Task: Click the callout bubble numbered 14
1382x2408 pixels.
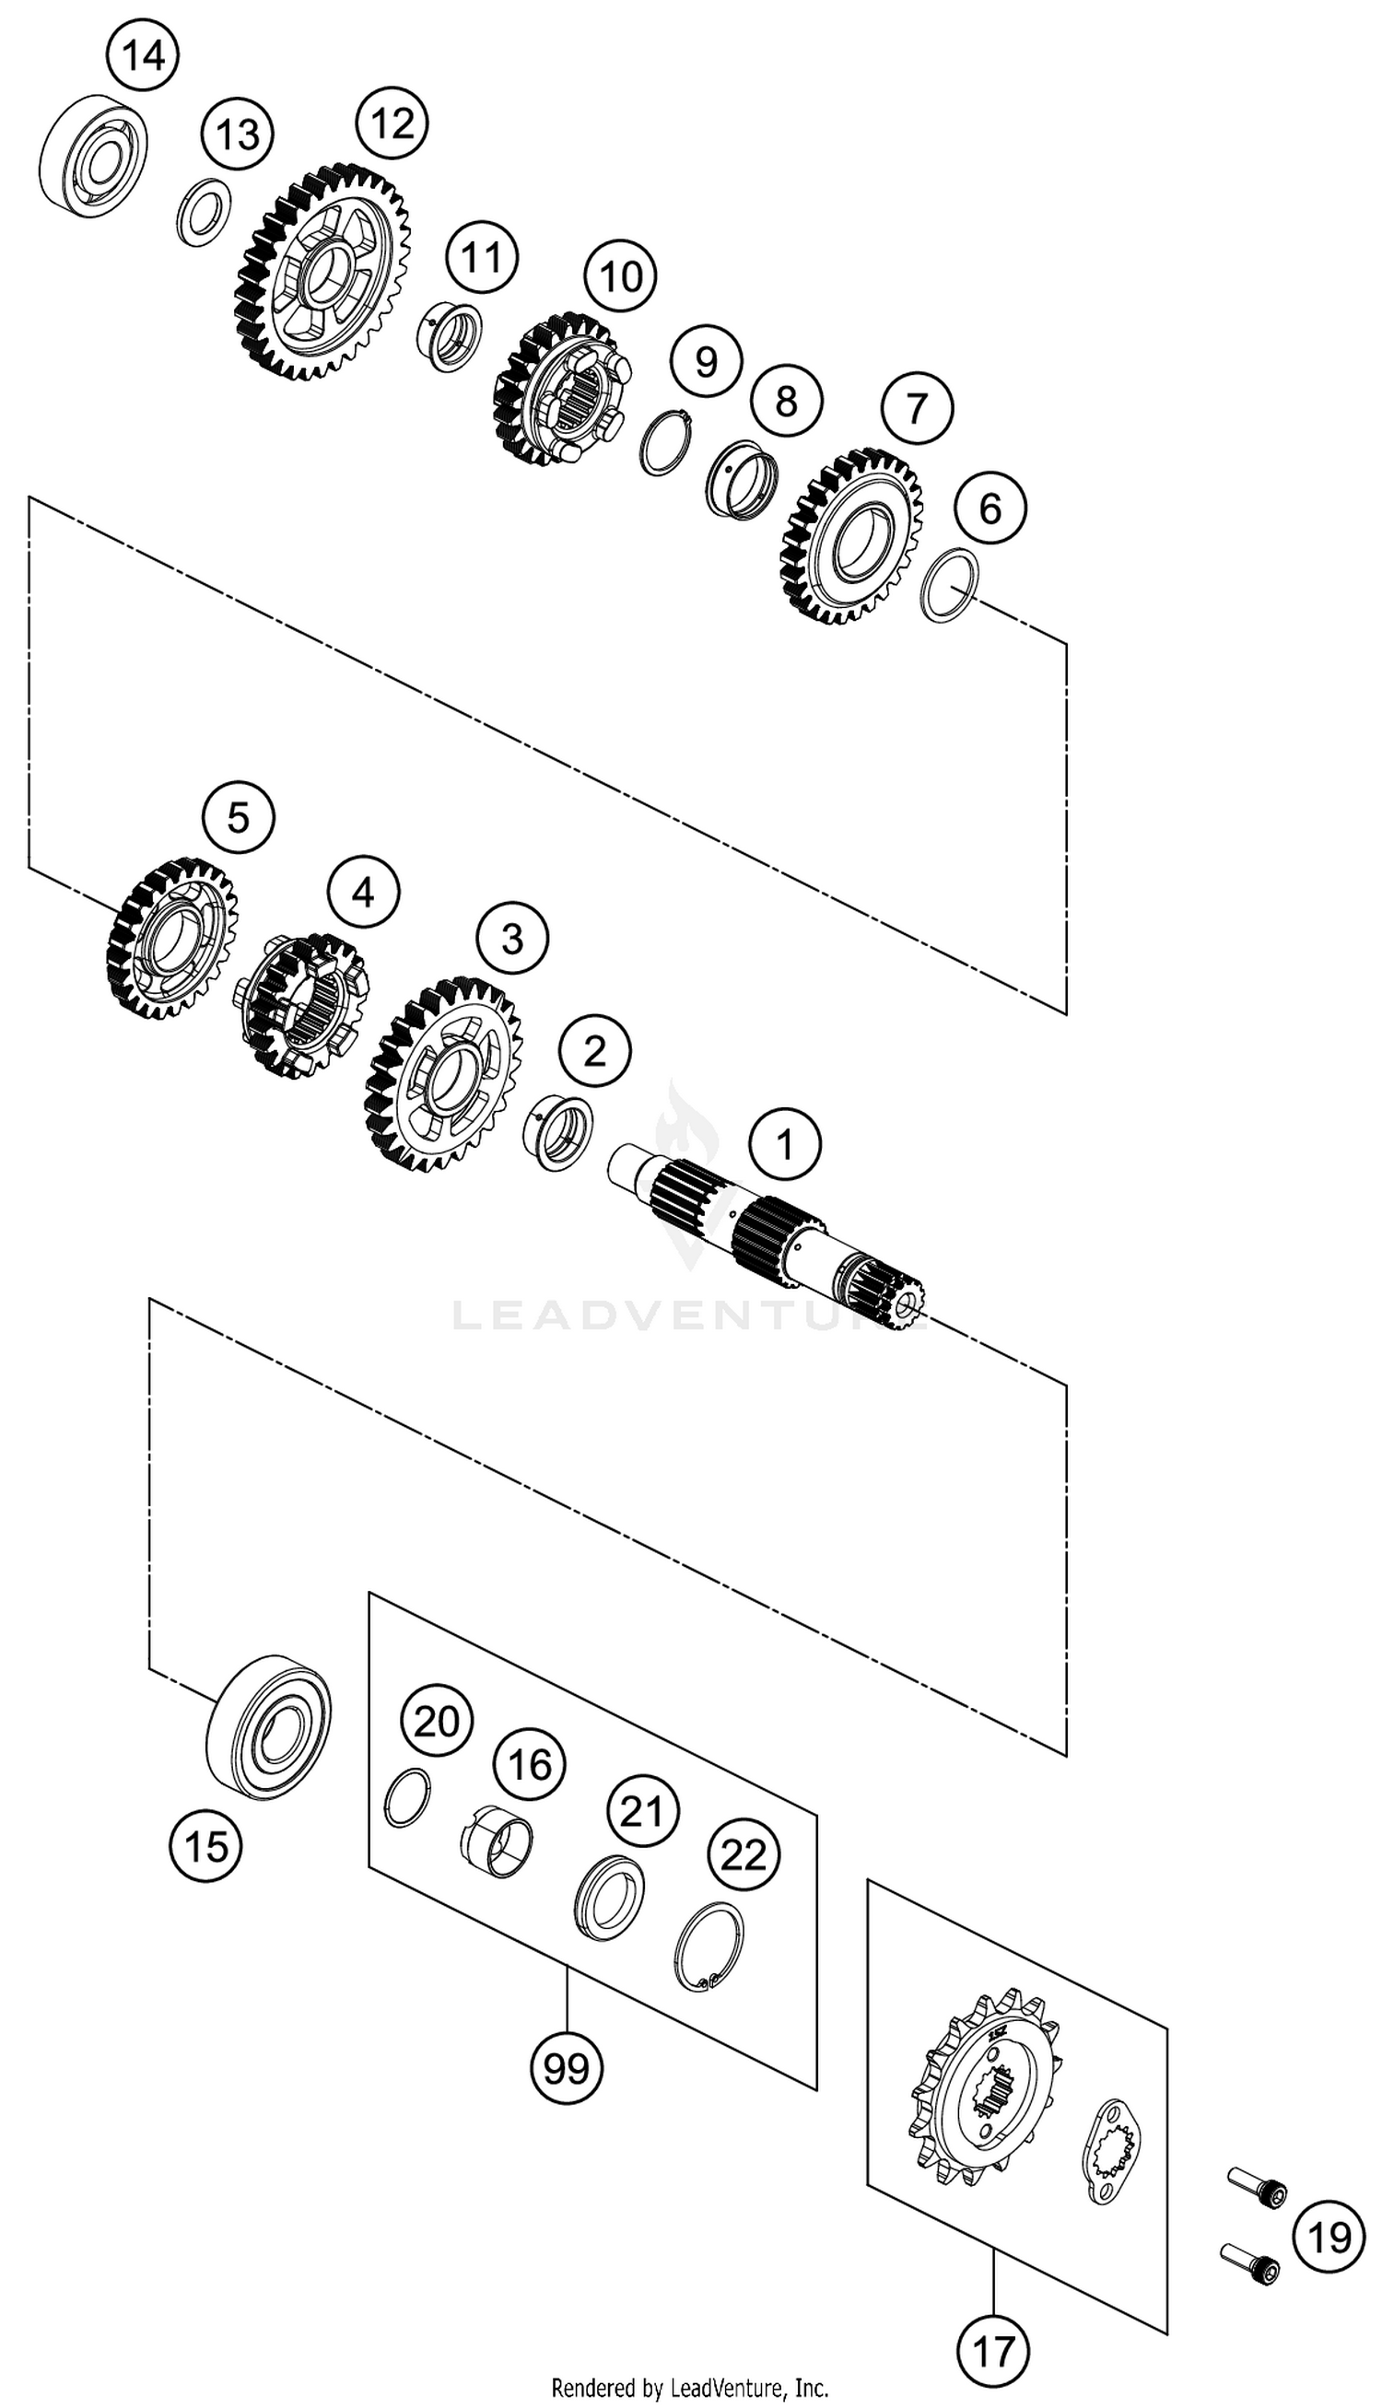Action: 144,56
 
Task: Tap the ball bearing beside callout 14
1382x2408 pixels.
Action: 93,158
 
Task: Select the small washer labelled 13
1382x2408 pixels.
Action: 204,212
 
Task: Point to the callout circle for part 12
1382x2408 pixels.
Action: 392,123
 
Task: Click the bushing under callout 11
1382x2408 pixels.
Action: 450,336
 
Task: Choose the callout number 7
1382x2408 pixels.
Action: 916,408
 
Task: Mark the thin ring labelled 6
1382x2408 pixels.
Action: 951,585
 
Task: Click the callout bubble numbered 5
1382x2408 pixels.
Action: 239,817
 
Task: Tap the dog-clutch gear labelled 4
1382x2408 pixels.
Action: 301,1006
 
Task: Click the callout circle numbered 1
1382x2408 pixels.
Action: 785,1145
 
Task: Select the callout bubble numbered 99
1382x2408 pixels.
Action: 567,2065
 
